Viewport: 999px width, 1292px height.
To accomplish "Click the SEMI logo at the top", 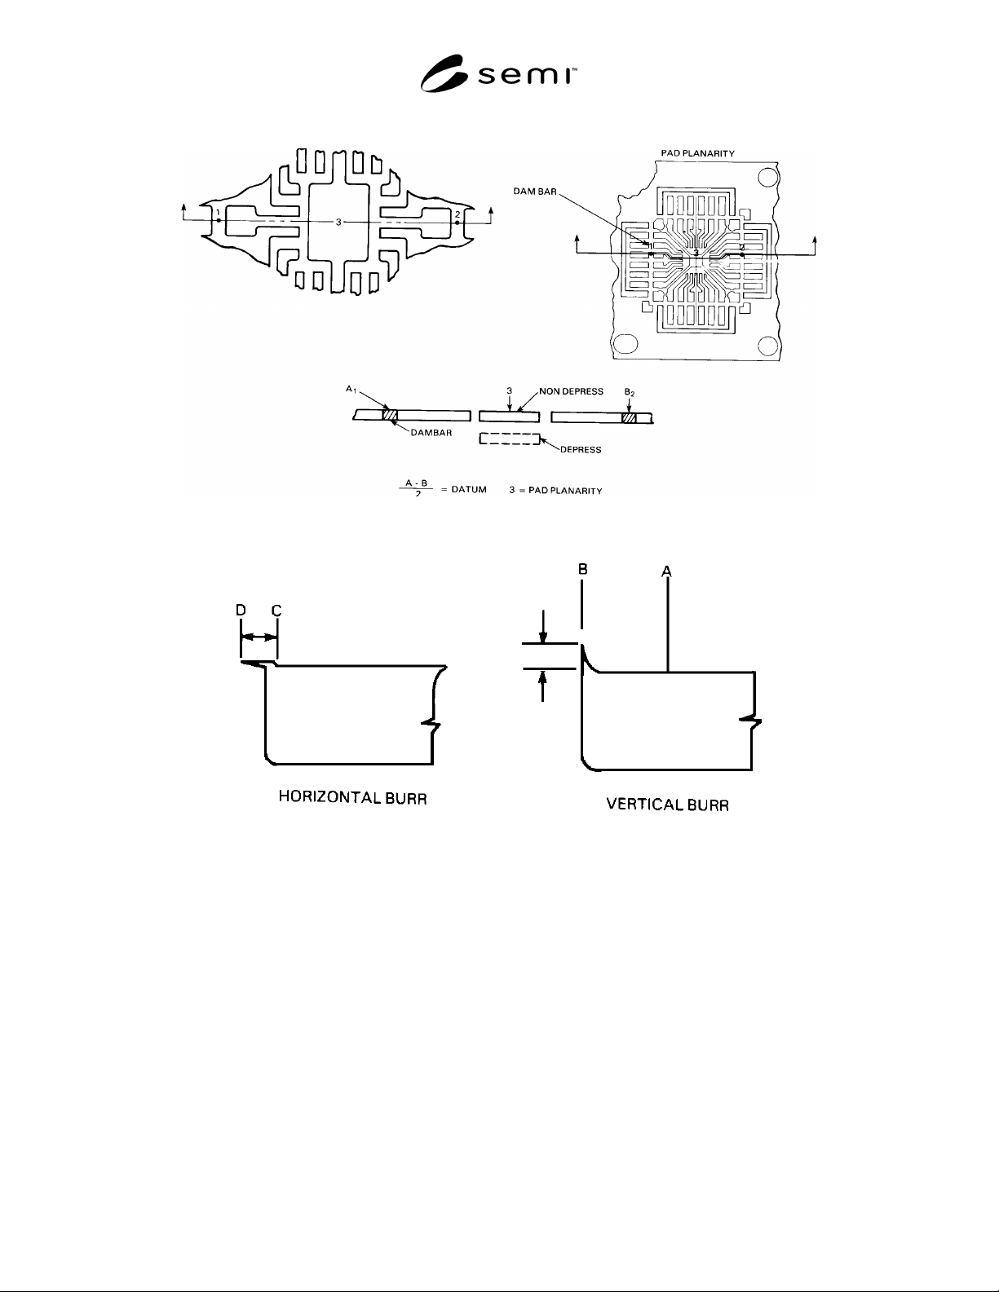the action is [498, 73].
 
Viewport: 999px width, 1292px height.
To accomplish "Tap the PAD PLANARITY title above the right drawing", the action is [697, 153].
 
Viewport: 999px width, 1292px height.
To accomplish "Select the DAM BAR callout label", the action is [535, 192].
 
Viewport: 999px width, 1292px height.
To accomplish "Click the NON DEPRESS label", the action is [571, 391].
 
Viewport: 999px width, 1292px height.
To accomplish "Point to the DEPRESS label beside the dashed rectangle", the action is [581, 449].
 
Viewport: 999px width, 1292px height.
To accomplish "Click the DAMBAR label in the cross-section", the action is [431, 433].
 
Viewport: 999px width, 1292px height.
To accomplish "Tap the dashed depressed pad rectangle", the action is [510, 439].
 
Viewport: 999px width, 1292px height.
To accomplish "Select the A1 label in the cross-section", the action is [351, 389].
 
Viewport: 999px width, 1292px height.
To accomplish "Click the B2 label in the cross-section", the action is [629, 392].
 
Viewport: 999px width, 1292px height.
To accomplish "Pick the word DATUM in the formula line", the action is [469, 489].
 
